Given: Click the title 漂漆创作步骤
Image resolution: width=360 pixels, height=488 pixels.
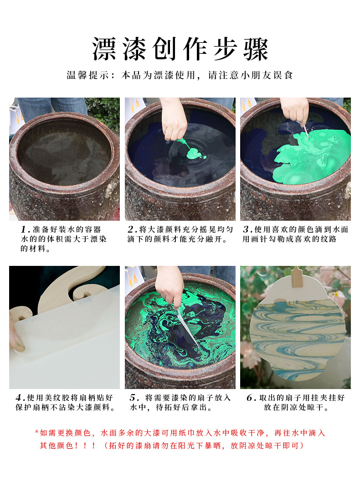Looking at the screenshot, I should tap(180, 49).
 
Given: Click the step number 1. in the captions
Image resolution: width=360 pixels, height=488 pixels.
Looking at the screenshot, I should tap(25, 229).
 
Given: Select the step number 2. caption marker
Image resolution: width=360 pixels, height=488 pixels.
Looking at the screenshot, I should tap(133, 229).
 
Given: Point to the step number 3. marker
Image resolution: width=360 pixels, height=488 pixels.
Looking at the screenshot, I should tap(247, 229).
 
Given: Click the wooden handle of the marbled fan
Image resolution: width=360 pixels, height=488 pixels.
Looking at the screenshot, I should tap(297, 276).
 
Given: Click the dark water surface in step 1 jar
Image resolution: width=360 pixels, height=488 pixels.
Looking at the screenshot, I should tap(64, 151).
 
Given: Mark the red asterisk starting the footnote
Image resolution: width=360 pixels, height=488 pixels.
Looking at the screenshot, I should tap(36, 432).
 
